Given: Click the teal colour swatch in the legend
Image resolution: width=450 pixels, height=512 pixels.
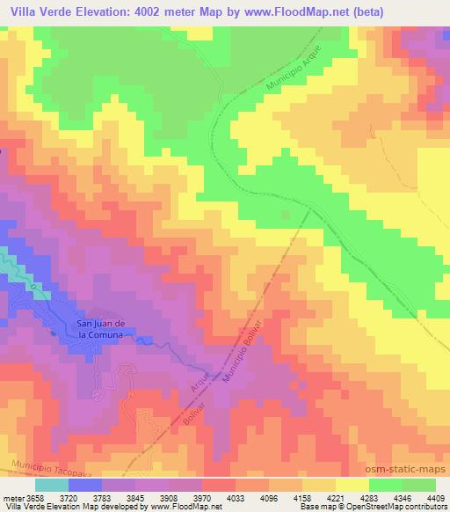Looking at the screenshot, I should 52,485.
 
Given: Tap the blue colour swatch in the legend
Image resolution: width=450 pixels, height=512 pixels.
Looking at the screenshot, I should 84,485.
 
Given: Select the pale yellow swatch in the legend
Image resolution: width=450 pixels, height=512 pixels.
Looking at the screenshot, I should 351,485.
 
